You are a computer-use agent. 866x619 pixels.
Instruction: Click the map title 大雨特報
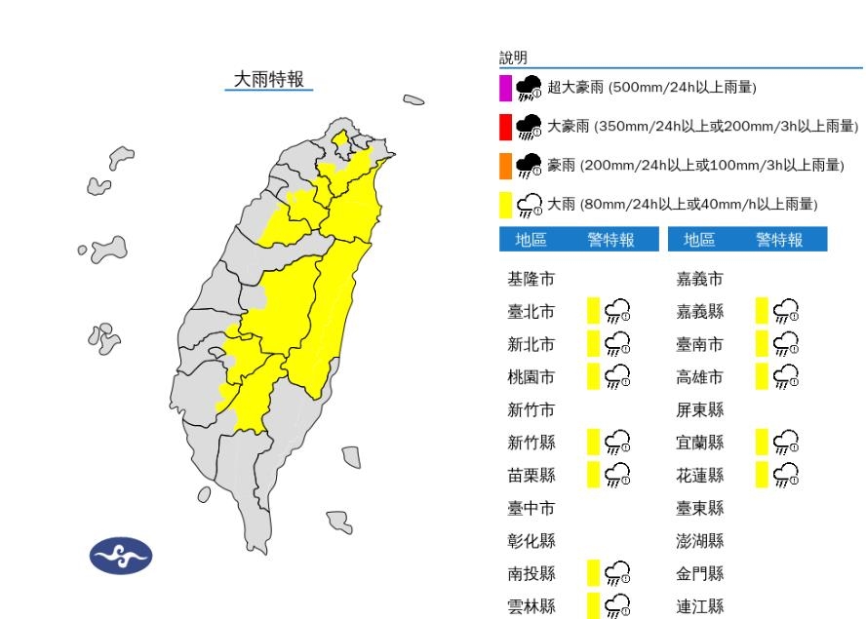click(269, 80)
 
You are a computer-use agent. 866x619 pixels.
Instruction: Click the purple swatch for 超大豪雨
click(505, 88)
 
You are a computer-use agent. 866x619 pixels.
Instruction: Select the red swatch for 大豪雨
click(505, 127)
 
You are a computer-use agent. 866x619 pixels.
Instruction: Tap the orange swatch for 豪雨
click(505, 166)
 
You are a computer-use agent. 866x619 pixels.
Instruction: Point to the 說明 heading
click(513, 58)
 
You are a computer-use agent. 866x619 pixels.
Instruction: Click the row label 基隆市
click(531, 280)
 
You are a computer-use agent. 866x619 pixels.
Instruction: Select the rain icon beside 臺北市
click(616, 312)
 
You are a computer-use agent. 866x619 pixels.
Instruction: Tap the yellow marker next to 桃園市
click(592, 376)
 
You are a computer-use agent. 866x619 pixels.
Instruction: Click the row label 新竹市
click(531, 409)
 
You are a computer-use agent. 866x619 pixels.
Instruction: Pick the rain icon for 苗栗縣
click(616, 475)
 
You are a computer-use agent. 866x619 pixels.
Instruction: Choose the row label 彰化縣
click(531, 540)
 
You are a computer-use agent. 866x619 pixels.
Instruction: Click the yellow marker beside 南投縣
click(592, 572)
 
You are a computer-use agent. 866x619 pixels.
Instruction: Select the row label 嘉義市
click(700, 280)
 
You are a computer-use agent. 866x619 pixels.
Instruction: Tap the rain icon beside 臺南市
click(785, 344)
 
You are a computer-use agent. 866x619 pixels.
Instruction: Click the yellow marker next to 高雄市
click(761, 376)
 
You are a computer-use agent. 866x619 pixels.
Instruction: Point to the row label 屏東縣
click(700, 409)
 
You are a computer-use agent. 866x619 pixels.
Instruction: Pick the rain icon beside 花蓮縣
click(785, 475)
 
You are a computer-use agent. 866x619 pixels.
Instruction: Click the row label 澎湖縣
click(700, 540)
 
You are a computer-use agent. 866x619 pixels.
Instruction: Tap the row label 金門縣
click(700, 572)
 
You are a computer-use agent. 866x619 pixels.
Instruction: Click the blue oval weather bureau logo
click(121, 556)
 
